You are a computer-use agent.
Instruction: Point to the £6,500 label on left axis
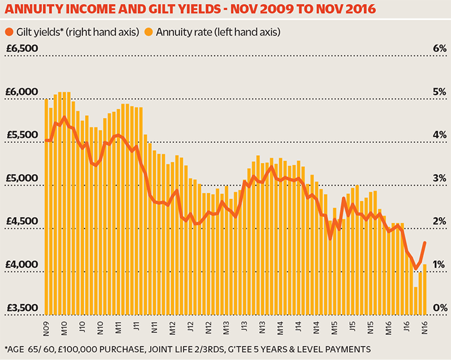(x=22, y=49)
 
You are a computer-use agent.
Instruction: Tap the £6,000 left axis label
(x=22, y=92)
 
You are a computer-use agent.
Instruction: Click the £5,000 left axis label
(x=22, y=178)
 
